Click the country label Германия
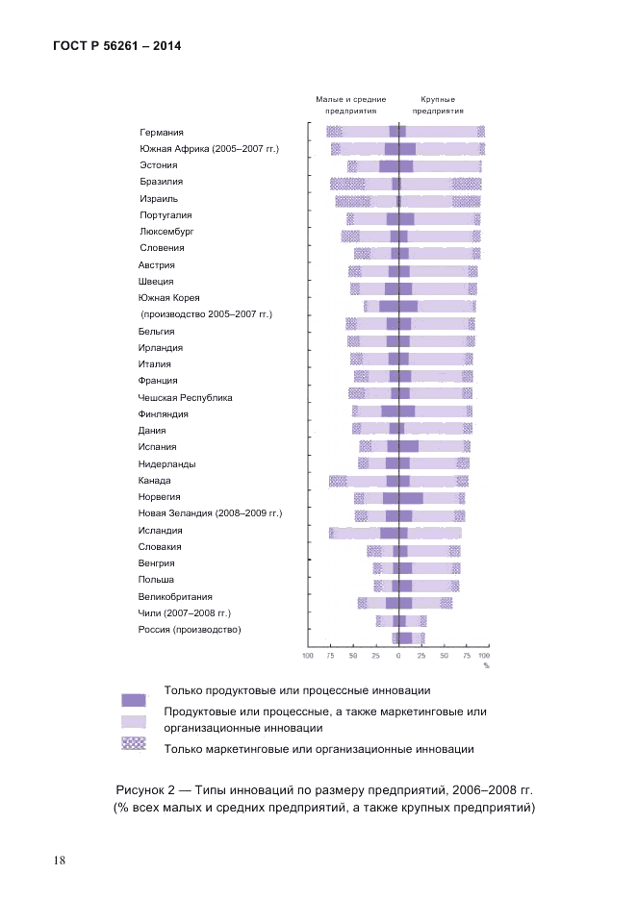(161, 133)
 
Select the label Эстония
(158, 165)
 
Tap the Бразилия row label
(161, 182)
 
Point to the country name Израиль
(158, 198)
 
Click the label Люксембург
(166, 232)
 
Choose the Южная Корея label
(168, 298)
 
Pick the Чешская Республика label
(185, 398)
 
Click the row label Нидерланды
(166, 464)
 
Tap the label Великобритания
(175, 597)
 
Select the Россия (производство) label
(189, 630)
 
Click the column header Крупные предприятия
(438, 105)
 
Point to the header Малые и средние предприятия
(351, 105)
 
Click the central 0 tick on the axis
(398, 656)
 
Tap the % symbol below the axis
(486, 665)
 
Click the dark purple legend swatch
(134, 700)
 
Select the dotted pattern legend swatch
(134, 743)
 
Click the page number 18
(60, 860)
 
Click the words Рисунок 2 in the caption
(147, 790)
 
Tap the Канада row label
(155, 481)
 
